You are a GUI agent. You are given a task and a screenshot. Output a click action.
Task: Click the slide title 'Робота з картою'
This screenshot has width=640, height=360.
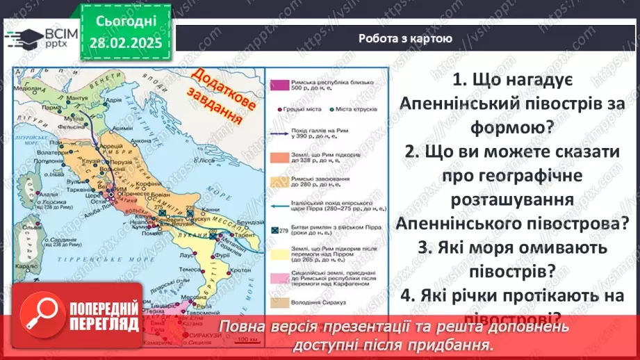coord(405,39)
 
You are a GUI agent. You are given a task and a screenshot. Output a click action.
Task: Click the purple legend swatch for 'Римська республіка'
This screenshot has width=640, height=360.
coord(280,85)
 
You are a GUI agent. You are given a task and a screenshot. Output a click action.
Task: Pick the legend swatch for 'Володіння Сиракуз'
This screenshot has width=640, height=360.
coord(280,302)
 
